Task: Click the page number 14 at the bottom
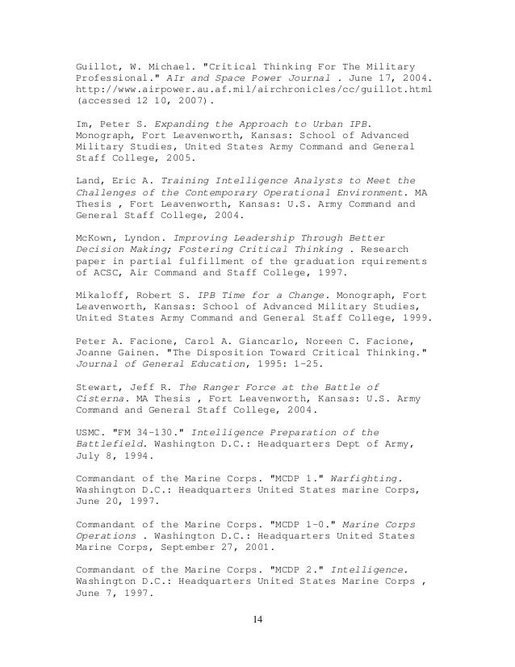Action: [x=257, y=621]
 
